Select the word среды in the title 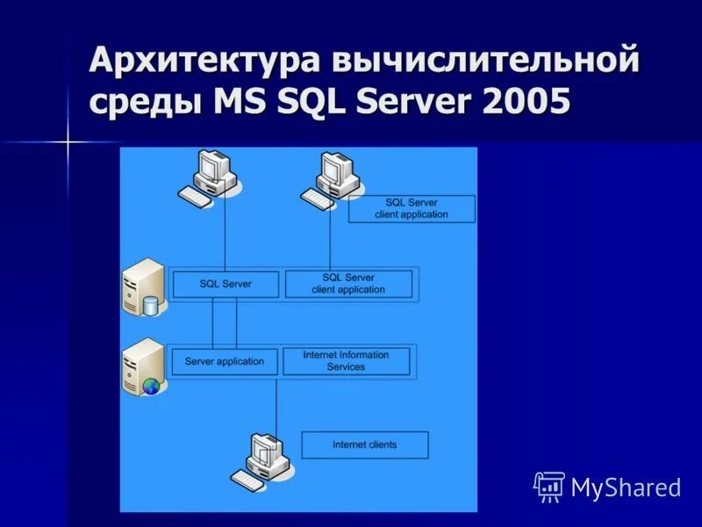click(x=144, y=103)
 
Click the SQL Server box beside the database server click(x=226, y=284)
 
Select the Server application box click(x=225, y=361)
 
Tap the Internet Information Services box click(x=346, y=361)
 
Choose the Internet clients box click(x=364, y=444)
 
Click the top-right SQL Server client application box click(x=411, y=209)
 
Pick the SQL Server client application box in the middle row click(x=348, y=284)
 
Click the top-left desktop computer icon click(x=208, y=178)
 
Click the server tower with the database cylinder click(x=143, y=287)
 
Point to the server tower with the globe click(x=143, y=366)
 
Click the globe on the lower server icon click(x=153, y=385)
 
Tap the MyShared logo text click(x=626, y=487)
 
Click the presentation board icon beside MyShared click(x=549, y=486)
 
